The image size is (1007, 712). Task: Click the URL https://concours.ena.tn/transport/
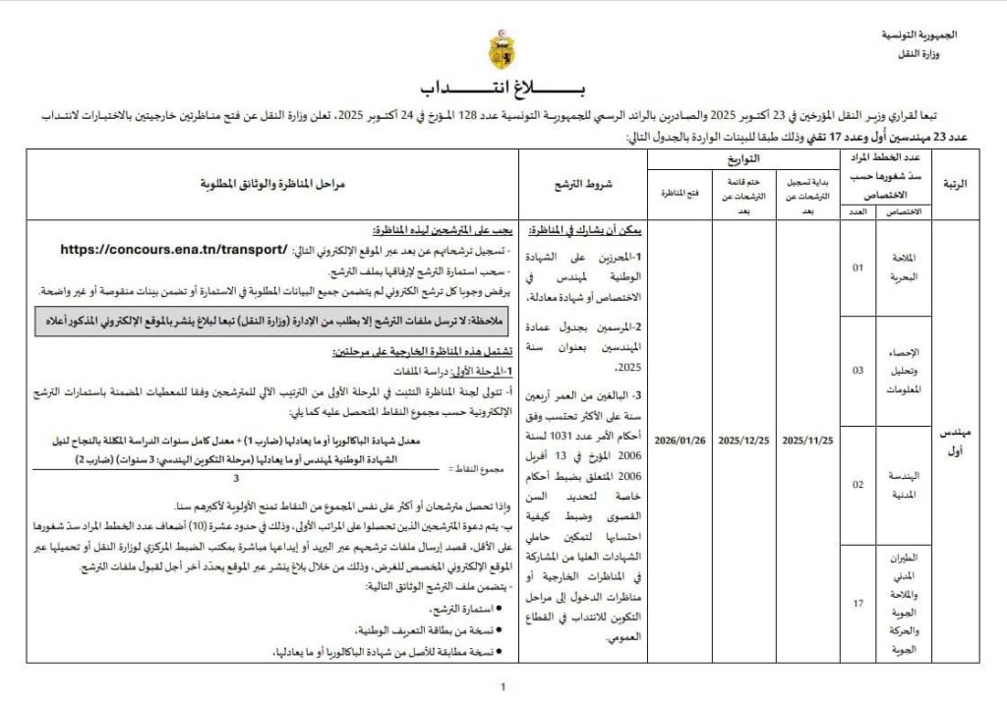coord(174,250)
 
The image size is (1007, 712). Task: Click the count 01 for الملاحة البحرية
coord(857,267)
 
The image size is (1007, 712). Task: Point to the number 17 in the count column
coord(857,603)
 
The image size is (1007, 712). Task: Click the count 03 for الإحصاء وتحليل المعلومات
coord(857,371)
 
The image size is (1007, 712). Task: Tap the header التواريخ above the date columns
coord(742,159)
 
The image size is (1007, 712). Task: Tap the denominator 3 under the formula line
coord(236,478)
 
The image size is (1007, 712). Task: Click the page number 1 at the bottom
coord(503,687)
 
